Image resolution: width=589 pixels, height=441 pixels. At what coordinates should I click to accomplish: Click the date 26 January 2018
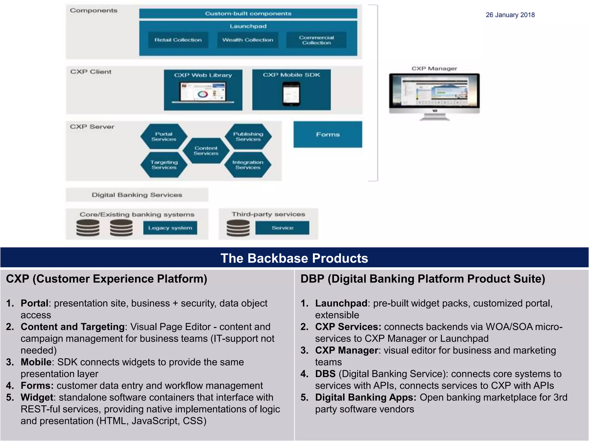coord(510,15)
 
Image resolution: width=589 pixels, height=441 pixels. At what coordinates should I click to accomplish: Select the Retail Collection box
coord(178,40)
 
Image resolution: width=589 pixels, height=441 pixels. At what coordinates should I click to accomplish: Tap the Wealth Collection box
coord(248,40)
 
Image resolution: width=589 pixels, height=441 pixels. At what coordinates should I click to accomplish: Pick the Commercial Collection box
coord(316,40)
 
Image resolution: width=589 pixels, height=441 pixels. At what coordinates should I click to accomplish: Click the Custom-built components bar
coord(248,13)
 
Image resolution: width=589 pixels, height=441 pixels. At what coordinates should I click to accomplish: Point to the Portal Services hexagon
coord(164,136)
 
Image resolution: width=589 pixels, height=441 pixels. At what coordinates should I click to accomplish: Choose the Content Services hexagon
coord(206,150)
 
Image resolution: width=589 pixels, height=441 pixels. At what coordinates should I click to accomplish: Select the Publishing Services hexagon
coord(248,136)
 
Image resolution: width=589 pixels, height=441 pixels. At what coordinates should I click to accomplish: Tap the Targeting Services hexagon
coord(164,165)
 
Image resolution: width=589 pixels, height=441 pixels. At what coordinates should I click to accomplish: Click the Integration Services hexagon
coord(248,165)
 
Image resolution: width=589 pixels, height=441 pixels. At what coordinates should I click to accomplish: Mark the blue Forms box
coord(328,134)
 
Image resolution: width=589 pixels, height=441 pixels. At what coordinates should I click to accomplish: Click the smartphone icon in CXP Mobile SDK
coord(291,94)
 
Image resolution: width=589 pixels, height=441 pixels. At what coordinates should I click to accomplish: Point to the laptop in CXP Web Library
coord(203,92)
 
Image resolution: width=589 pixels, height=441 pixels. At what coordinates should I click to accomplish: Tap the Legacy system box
coord(170,228)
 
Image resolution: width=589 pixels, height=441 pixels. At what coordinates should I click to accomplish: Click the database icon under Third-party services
coord(238,228)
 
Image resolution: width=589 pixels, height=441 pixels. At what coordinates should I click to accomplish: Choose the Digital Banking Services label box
coord(137,195)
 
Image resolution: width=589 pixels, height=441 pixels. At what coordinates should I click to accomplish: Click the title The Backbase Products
coord(294,258)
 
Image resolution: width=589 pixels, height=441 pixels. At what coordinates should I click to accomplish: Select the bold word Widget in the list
coord(37,397)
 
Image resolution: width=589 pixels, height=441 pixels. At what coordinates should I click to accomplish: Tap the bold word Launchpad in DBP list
coord(341,303)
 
